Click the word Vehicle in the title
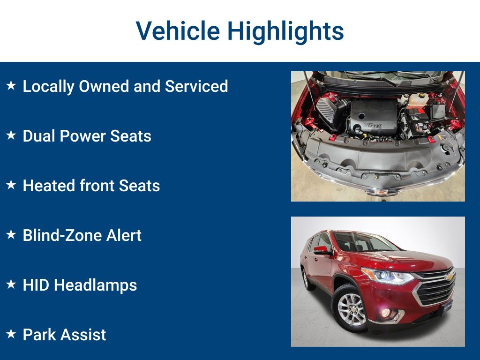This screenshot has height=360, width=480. tap(178, 30)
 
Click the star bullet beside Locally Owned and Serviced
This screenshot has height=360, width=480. tap(11, 85)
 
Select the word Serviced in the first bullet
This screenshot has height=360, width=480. tap(196, 86)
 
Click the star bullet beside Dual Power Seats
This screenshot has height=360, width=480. tap(11, 135)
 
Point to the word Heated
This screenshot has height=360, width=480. tap(49, 186)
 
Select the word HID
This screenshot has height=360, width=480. tap(36, 285)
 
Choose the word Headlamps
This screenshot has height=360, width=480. tap(96, 285)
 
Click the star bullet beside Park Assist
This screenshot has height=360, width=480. tap(11, 334)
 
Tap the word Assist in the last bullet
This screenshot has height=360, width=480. tap(83, 335)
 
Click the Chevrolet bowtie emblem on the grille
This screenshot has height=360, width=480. tap(449, 277)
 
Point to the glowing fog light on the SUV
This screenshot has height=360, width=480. tap(386, 313)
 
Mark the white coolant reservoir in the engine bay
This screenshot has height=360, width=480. tap(417, 99)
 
